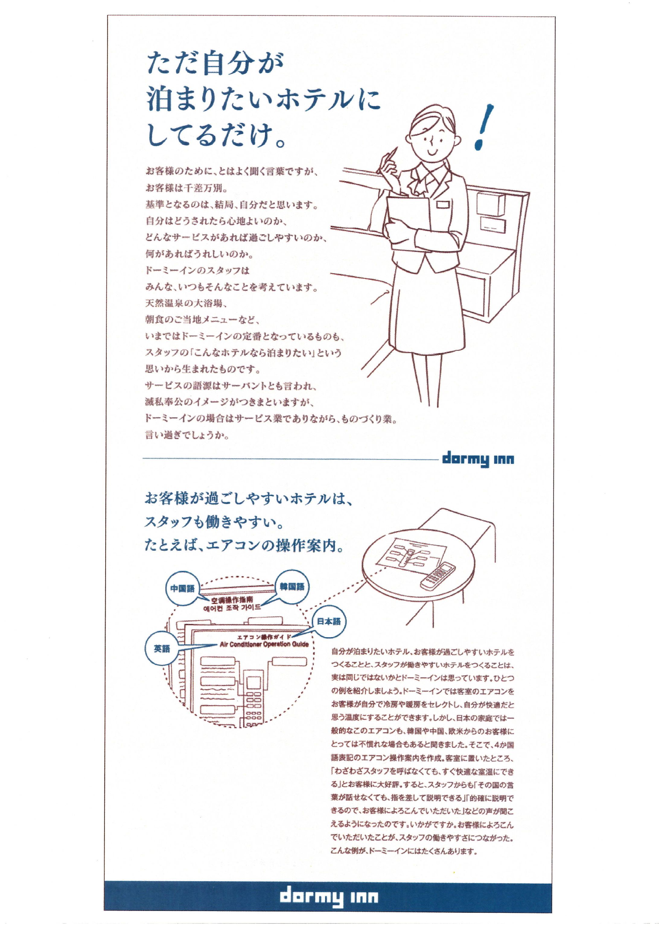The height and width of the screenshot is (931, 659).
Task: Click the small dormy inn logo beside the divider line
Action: [478, 459]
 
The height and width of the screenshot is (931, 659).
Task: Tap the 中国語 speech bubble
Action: [182, 588]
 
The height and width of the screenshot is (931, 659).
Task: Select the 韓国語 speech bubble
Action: [292, 587]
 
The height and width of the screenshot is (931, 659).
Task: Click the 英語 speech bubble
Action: [161, 649]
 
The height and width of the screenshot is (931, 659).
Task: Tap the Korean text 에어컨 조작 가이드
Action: [232, 608]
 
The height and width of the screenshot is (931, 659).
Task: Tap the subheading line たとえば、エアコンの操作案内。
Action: [245, 545]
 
